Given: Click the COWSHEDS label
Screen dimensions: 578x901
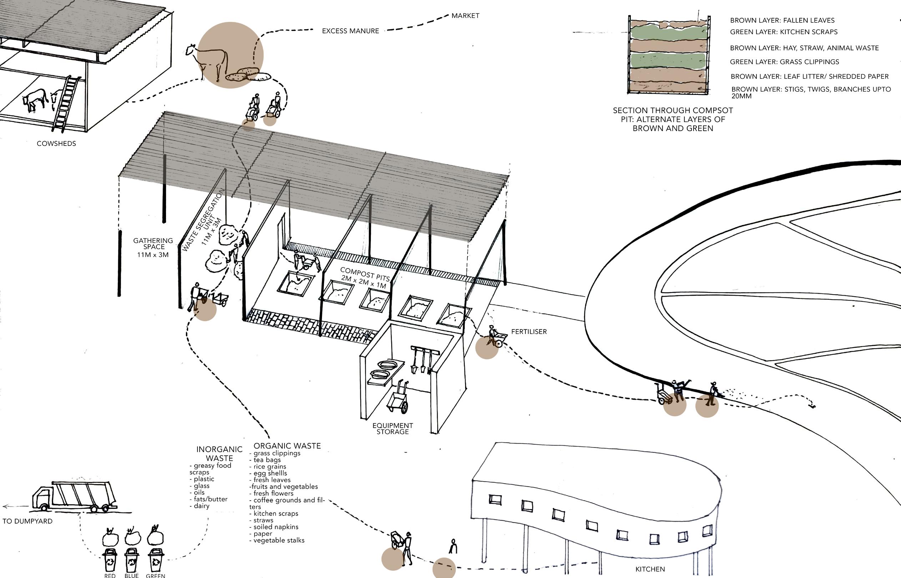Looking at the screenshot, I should click(56, 143).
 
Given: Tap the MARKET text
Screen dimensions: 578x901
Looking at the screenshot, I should click(465, 16).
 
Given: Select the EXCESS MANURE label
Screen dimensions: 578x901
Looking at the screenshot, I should click(350, 31).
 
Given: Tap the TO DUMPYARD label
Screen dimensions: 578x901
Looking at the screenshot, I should click(27, 521).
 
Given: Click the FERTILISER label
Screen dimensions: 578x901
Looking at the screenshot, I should click(529, 332).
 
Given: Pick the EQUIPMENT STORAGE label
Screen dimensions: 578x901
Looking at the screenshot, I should click(393, 429).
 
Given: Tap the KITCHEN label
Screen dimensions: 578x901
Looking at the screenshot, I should click(650, 569).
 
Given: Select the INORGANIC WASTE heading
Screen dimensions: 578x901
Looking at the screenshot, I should click(220, 454).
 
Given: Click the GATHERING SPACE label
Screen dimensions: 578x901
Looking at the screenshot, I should click(153, 247).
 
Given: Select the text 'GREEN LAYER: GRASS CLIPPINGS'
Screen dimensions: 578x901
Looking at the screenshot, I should click(784, 62).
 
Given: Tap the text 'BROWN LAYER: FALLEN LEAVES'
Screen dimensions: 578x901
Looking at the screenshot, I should click(782, 21).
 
